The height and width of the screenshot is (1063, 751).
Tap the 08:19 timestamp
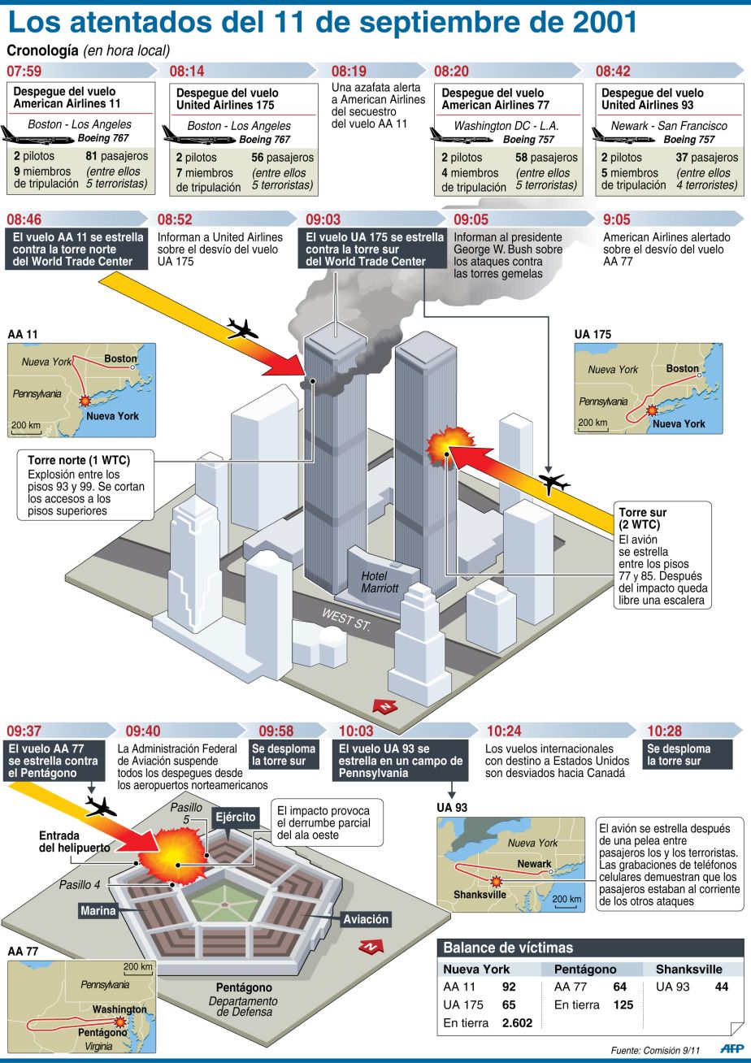(x=349, y=72)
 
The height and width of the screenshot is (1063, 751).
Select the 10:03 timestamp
(x=355, y=731)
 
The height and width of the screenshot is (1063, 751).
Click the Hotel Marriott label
(x=380, y=582)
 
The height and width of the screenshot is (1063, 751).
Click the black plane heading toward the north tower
(x=242, y=329)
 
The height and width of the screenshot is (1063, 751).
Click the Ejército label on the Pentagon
(x=235, y=817)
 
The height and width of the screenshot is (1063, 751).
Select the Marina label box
(x=98, y=911)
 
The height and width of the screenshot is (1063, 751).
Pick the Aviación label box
(x=365, y=919)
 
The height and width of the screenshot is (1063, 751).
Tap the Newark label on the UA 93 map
(x=534, y=864)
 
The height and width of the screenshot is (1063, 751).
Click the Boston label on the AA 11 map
(x=121, y=358)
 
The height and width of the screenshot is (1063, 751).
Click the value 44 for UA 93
(x=721, y=987)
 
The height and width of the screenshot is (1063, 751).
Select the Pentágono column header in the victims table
(x=584, y=969)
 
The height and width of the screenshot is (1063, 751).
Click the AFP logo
(x=731, y=1048)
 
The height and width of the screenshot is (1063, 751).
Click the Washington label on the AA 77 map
(x=119, y=1009)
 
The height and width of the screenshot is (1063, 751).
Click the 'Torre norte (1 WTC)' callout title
(x=79, y=460)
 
